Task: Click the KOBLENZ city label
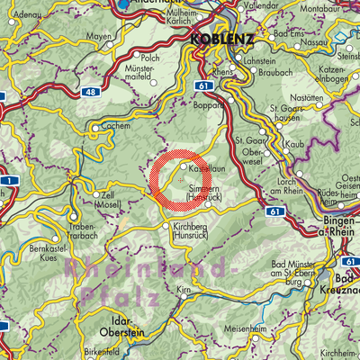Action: [x=221, y=41]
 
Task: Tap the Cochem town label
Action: [x=106, y=129]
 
